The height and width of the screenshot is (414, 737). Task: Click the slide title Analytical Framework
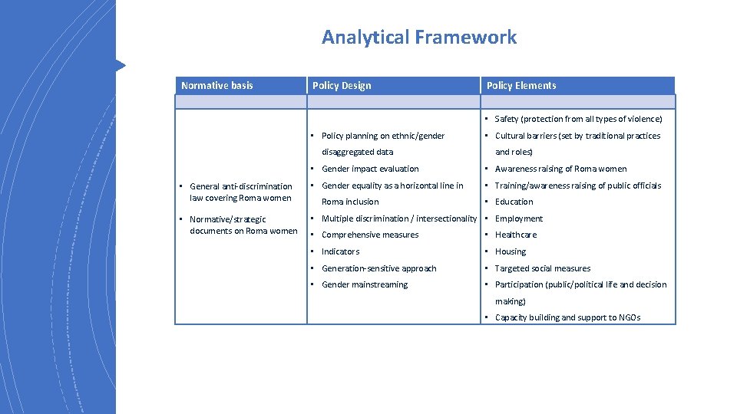point(419,37)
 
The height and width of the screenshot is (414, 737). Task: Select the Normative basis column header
point(217,85)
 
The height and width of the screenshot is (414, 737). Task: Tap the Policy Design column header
point(342,85)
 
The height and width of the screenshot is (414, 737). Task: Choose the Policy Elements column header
point(521,85)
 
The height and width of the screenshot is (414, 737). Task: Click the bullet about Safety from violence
point(578,119)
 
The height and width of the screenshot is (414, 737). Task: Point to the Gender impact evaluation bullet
point(370,169)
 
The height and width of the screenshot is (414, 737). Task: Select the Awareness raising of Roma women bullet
point(560,169)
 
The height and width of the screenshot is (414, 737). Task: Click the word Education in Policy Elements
point(514,202)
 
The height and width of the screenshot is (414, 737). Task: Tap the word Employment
point(518,219)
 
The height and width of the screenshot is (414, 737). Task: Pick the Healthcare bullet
point(516,235)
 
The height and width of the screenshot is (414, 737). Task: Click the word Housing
point(511,251)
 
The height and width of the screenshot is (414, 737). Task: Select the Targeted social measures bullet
point(543,268)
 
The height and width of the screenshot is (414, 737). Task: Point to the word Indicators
point(340,251)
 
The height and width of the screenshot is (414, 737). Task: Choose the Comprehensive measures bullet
point(370,235)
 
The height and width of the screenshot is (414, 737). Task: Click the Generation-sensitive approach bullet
point(378,268)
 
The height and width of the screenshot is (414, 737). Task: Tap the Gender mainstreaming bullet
point(365,284)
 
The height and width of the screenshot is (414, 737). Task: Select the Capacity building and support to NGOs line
point(567,317)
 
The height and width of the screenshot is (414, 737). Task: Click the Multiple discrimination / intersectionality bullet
point(398,219)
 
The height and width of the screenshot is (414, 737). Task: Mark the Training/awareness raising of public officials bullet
point(577,186)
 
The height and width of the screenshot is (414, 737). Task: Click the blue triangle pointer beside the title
point(120,65)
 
